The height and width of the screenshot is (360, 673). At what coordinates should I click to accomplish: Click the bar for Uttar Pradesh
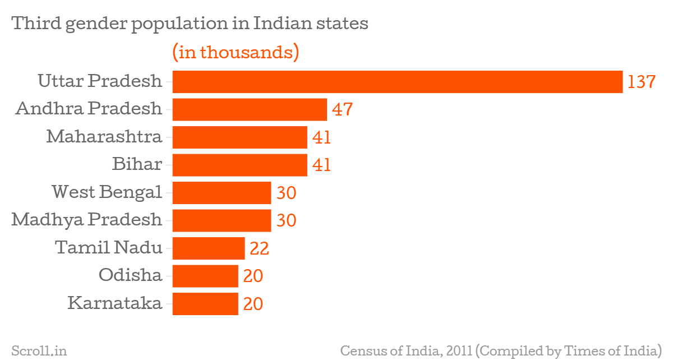tap(397, 82)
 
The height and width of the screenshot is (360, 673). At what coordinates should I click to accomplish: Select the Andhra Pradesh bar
tap(250, 109)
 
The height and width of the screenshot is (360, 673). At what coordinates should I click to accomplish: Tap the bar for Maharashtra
tap(239, 137)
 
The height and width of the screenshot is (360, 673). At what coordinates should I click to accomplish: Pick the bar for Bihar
tap(239, 165)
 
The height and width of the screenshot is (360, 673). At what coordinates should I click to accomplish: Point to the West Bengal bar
tap(222, 193)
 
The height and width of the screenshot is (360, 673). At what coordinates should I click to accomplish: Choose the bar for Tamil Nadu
tap(209, 248)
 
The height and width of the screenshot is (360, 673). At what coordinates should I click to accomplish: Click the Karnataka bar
tap(205, 303)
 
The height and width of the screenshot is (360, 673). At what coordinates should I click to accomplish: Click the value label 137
tap(641, 82)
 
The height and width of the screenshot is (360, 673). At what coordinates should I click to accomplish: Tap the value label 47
tap(342, 109)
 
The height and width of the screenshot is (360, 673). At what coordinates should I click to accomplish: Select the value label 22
tap(260, 248)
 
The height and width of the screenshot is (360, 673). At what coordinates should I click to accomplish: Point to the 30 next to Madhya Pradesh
tap(286, 220)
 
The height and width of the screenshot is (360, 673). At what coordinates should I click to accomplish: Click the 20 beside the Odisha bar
tap(253, 276)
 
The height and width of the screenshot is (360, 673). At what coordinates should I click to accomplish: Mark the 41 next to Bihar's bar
tap(322, 165)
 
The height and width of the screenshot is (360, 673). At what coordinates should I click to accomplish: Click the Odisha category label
tap(130, 275)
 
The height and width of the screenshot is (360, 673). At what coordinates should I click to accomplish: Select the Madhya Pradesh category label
tap(87, 220)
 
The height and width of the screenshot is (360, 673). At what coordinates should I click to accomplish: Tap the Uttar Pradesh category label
tap(100, 81)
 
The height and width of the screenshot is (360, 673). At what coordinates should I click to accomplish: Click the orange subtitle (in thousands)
tap(235, 52)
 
